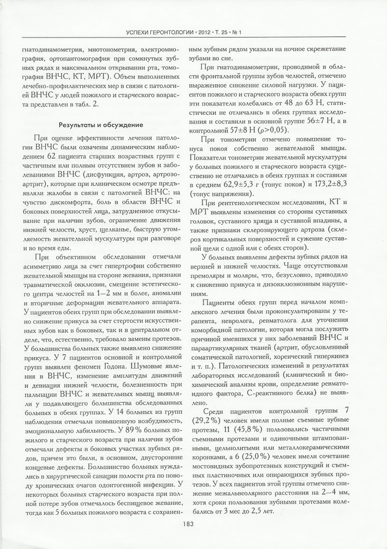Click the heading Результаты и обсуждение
[x=102, y=125]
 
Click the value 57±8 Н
[x=247, y=130]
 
